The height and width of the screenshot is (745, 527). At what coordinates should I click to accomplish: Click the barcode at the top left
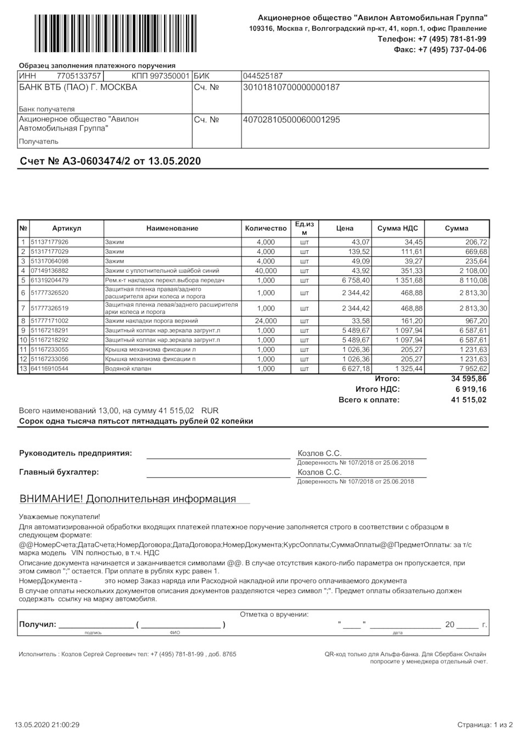click(115, 33)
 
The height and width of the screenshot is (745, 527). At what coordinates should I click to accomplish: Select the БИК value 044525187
click(262, 76)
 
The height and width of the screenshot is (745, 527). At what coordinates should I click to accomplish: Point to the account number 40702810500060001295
click(291, 120)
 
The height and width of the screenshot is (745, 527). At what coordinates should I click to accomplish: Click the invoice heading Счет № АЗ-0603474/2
click(110, 161)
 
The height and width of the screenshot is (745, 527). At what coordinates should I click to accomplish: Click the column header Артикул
click(66, 228)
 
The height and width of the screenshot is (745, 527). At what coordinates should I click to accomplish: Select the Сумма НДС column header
click(397, 228)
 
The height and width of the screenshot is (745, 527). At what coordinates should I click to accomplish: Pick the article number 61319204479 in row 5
click(50, 280)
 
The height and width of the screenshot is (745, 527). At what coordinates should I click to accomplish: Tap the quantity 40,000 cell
click(266, 270)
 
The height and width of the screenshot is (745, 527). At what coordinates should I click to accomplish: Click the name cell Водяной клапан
click(128, 369)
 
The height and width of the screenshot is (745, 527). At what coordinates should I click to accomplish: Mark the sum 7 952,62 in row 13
click(470, 369)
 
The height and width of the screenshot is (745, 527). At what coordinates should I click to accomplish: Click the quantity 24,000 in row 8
click(266, 321)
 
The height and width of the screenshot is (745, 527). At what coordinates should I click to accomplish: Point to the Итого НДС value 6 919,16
click(467, 390)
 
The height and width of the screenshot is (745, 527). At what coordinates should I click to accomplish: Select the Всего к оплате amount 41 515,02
click(468, 400)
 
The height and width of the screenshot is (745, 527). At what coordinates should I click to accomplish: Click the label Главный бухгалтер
click(59, 472)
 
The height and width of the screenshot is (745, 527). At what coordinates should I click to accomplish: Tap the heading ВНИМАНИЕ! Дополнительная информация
click(128, 499)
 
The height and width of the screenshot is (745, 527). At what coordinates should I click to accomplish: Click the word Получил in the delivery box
click(37, 624)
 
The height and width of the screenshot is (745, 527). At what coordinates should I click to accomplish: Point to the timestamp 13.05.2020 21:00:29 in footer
click(47, 725)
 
